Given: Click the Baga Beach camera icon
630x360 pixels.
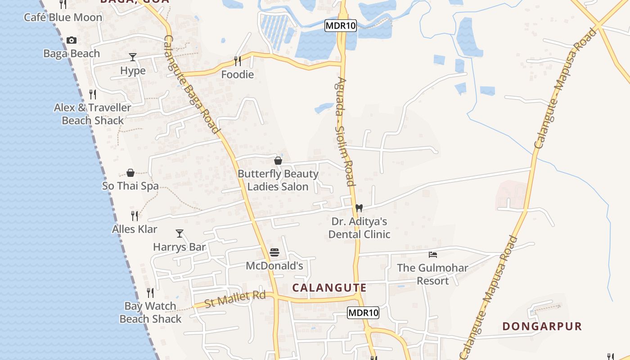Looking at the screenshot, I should [x=71, y=40].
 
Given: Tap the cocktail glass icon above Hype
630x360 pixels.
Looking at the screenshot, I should [x=133, y=57].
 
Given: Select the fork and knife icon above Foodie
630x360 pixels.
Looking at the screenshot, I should [x=238, y=61].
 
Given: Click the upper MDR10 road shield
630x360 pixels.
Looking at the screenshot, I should [x=341, y=26].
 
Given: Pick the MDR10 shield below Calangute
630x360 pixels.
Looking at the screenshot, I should [x=363, y=313].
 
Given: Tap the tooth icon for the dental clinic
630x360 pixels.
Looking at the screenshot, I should [x=359, y=208].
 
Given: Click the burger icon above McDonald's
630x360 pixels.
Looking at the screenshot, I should [x=274, y=252].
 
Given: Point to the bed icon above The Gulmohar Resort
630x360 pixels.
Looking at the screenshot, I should [x=433, y=255].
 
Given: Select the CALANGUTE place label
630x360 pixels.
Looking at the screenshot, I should [x=329, y=288].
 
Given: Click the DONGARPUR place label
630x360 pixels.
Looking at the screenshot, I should [x=542, y=326].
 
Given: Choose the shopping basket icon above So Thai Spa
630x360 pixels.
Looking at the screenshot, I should [x=130, y=173].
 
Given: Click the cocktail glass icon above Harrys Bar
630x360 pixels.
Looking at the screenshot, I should [x=180, y=233].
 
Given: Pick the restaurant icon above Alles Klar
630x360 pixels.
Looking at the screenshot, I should [x=134, y=216].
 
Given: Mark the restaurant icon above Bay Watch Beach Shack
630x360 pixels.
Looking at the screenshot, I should [x=150, y=293].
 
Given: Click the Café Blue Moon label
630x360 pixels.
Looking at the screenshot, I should [x=63, y=18].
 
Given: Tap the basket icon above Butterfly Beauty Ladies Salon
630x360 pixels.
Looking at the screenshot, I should [x=278, y=161].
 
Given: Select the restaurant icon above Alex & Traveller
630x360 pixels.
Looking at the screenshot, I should [x=93, y=94].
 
